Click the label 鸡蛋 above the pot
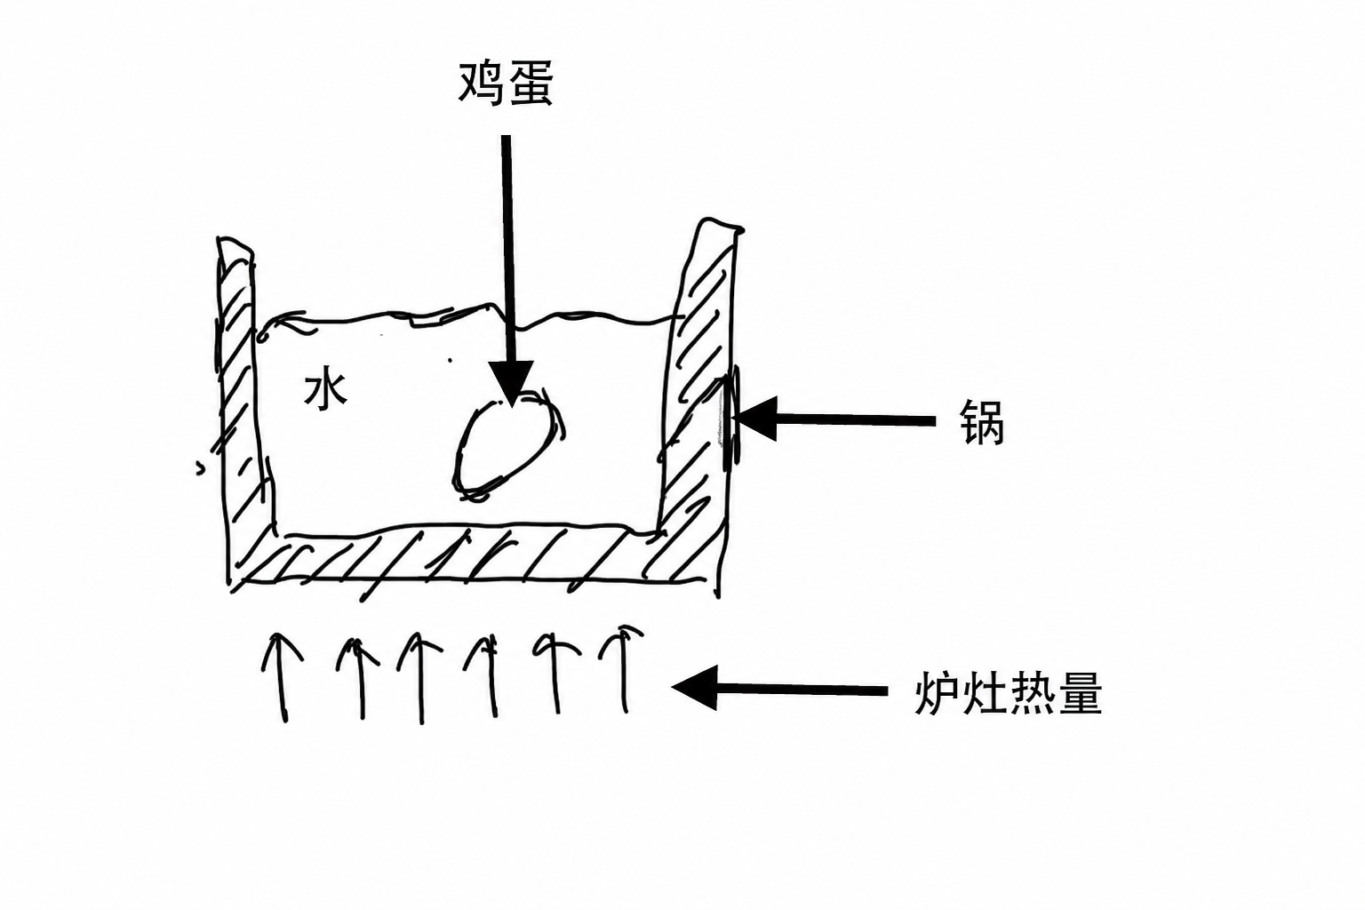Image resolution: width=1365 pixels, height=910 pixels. pyautogui.click(x=505, y=84)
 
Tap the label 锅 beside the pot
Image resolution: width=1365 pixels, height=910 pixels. pyautogui.click(x=982, y=422)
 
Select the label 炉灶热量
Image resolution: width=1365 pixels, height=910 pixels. pyautogui.click(x=1009, y=693)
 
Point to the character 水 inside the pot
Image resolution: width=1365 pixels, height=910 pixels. pyautogui.click(x=326, y=390)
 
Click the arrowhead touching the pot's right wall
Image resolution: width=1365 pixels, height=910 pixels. pyautogui.click(x=754, y=419)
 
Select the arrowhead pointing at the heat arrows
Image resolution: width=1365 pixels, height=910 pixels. pyautogui.click(x=694, y=688)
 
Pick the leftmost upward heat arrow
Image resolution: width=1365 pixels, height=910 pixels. pyautogui.click(x=283, y=677)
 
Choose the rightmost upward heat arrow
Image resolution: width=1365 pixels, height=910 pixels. pyautogui.click(x=622, y=668)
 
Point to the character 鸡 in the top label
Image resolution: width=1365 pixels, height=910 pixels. pyautogui.click(x=481, y=84)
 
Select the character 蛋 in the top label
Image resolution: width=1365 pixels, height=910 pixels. pyautogui.click(x=530, y=84)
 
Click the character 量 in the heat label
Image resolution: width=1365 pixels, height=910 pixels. pyautogui.click(x=1080, y=693)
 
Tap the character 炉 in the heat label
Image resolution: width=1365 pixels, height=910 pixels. pyautogui.click(x=938, y=693)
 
